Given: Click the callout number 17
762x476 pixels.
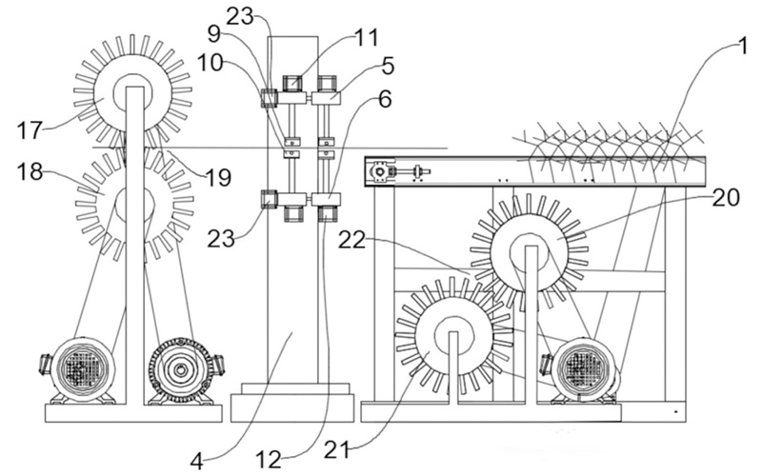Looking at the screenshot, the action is pos(30,130).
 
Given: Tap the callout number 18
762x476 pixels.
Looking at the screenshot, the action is pos(30,172).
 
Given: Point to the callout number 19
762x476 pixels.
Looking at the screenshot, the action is pos(218,179).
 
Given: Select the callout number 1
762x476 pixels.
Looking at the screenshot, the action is pos(742,47).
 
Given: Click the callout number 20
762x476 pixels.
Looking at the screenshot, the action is pos(726,198).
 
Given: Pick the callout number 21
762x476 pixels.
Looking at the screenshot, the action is pos(337,451).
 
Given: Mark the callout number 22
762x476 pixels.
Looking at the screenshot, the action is pos(351,240).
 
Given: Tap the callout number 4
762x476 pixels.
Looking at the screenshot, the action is pos(197,462).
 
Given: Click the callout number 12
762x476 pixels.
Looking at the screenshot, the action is pos(269,460).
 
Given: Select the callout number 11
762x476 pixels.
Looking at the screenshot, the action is pos(368,37).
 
